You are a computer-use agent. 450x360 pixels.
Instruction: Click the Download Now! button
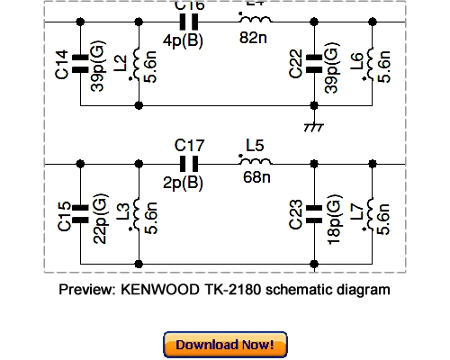coord(225,345)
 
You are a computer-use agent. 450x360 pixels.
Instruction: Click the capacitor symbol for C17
coord(189,164)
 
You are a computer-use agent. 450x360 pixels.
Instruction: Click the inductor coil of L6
coord(369,63)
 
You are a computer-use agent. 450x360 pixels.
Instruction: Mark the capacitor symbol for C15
coord(81,212)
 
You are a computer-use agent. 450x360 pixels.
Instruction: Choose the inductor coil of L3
coord(136,214)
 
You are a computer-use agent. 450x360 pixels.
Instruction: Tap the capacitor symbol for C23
coord(314,212)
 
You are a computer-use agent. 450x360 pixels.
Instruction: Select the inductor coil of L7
coord(369,214)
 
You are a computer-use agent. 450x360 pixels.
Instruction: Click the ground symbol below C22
coord(314,125)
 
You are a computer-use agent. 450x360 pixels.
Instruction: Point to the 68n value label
coord(256,177)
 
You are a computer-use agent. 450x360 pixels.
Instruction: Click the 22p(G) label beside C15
coord(100,216)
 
